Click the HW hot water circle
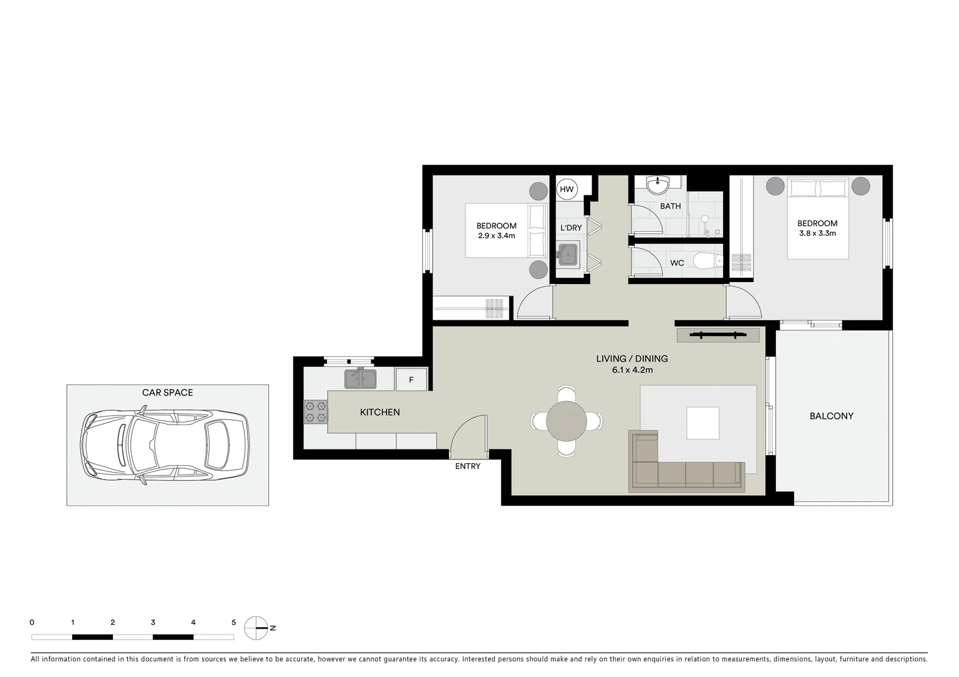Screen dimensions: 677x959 coord(566,189)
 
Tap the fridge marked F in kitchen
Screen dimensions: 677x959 coord(411,380)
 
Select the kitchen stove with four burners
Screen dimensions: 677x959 coord(315,411)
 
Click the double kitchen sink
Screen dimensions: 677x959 coord(360,379)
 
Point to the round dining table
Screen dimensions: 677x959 coord(566,421)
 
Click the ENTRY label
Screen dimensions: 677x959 coord(467,466)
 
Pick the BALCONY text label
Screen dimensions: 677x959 coord(831,416)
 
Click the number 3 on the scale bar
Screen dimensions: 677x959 coord(153,622)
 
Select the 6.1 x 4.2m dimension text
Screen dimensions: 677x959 coord(632,370)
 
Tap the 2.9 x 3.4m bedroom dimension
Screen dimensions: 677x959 coord(496,236)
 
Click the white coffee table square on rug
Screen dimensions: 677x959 coord(702,423)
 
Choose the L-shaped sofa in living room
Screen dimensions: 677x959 coord(687,475)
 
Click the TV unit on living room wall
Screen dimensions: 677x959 coord(718,335)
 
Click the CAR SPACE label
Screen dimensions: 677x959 coord(167,392)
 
